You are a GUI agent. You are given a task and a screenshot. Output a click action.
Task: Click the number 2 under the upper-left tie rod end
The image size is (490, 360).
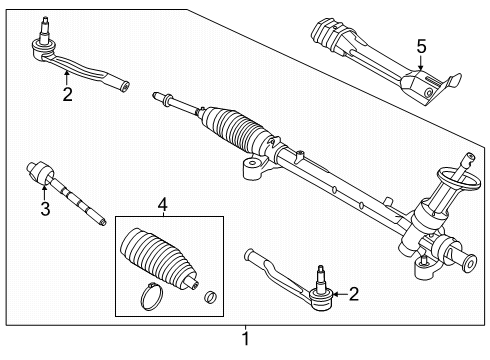coord(66,95)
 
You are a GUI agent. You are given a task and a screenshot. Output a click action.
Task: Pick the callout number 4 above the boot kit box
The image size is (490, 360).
coord(163,206)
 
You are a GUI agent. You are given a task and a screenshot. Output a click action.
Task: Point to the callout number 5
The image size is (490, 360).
coord(420,46)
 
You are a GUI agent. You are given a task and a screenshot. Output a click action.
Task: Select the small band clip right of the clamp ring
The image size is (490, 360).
coord(211,296)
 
